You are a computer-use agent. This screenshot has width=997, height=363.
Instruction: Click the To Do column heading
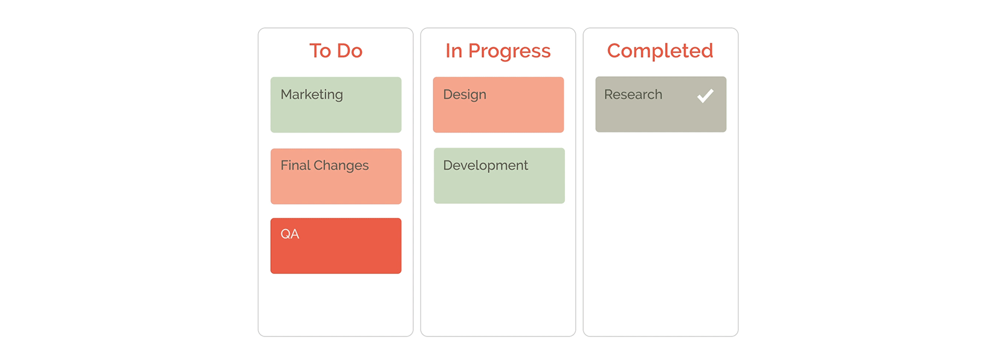336,51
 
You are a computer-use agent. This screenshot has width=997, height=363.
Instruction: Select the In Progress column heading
498,51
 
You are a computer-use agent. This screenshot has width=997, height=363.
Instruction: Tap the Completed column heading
660,51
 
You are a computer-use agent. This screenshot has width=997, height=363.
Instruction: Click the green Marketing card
336,105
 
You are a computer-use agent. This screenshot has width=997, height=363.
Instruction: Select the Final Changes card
336,177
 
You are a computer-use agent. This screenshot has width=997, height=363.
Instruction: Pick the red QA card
336,246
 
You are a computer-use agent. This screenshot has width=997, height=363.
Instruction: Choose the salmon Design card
498,105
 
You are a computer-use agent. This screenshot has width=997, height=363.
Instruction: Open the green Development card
499,176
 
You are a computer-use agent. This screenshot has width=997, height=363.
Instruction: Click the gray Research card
661,104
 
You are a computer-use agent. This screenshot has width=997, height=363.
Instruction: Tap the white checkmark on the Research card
705,96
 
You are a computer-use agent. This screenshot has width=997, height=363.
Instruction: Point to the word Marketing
312,95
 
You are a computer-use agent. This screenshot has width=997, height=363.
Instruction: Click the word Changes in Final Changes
341,166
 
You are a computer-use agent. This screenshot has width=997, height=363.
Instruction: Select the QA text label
290,234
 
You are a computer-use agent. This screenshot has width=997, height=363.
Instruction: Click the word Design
465,95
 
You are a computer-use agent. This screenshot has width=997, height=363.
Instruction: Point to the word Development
486,166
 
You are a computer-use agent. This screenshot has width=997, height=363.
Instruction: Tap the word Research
633,94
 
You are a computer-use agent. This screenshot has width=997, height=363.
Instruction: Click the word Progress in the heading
509,52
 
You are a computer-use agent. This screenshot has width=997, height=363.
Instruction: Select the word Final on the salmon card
295,165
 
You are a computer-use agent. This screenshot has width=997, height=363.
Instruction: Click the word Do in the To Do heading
350,51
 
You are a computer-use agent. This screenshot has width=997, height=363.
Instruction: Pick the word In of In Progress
454,51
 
